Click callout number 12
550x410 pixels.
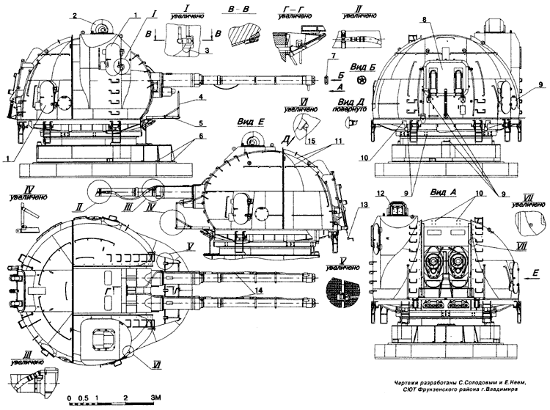tap(381, 194)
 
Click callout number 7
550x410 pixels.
tap(334, 56)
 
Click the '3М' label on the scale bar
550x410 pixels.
tap(155, 397)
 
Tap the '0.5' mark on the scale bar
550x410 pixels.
tap(87, 397)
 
